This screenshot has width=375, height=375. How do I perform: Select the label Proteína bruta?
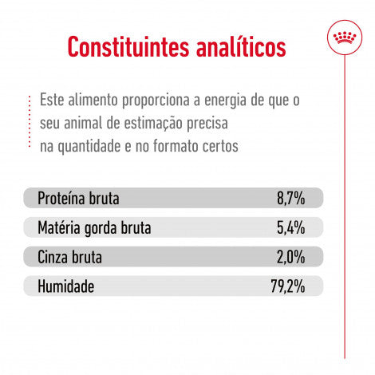[78, 199]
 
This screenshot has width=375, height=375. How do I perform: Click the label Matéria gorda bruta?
[94, 228]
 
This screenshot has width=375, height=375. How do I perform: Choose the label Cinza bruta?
[70, 257]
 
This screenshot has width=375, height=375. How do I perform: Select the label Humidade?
[65, 286]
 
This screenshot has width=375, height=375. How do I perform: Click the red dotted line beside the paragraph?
[30, 124]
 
